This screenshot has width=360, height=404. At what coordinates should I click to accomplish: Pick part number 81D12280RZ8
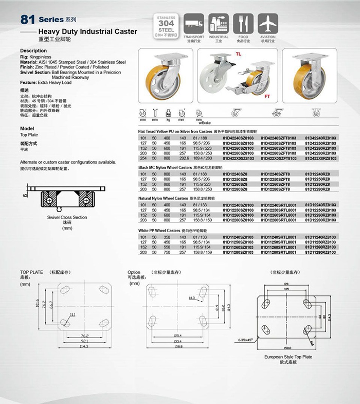point(321,189)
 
